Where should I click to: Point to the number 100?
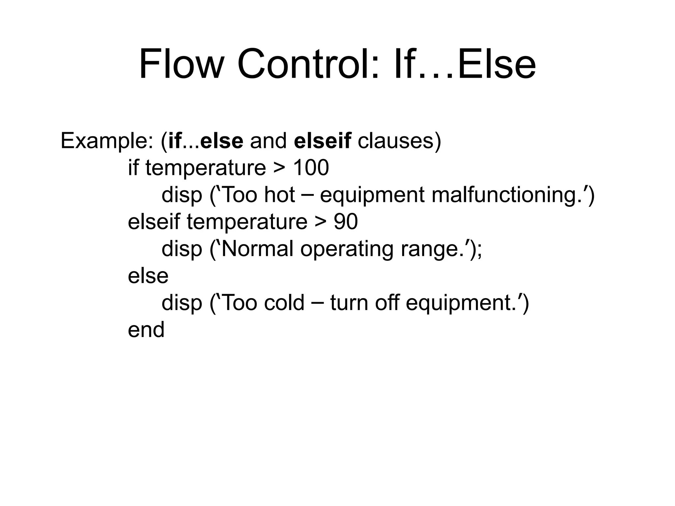(x=310, y=168)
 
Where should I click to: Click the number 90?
(x=345, y=221)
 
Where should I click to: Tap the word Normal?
(x=257, y=248)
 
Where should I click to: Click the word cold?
(x=284, y=302)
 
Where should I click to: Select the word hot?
(x=279, y=195)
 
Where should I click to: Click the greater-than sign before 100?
(x=279, y=168)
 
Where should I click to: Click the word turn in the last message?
(x=349, y=302)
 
